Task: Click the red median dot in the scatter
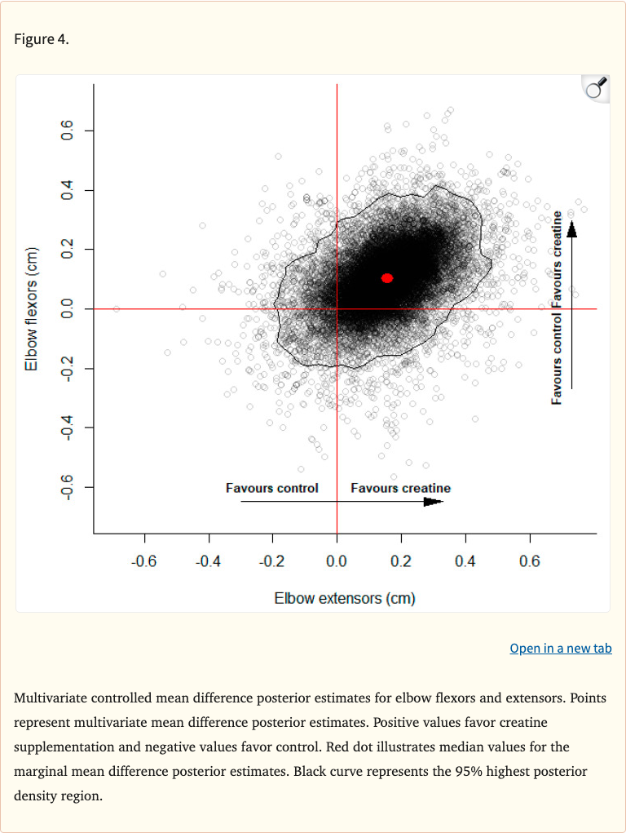pyautogui.click(x=387, y=278)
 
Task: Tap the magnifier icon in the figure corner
pyautogui.click(x=597, y=88)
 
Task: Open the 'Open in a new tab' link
pyautogui.click(x=560, y=648)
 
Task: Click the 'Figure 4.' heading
pyautogui.click(x=42, y=39)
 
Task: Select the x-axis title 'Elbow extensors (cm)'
pyautogui.click(x=345, y=598)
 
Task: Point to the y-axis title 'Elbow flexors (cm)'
pyautogui.click(x=32, y=308)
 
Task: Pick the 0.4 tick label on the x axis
pyautogui.click(x=465, y=561)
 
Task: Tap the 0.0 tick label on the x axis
pyautogui.click(x=337, y=561)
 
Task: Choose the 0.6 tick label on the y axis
pyautogui.click(x=68, y=131)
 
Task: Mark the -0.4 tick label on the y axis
pyautogui.click(x=68, y=428)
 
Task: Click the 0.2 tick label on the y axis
pyautogui.click(x=68, y=250)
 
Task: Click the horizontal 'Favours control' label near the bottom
pyautogui.click(x=272, y=488)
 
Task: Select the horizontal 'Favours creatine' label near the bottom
pyautogui.click(x=400, y=488)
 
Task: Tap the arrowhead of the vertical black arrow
pyautogui.click(x=571, y=229)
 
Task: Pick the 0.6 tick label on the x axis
pyautogui.click(x=530, y=561)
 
